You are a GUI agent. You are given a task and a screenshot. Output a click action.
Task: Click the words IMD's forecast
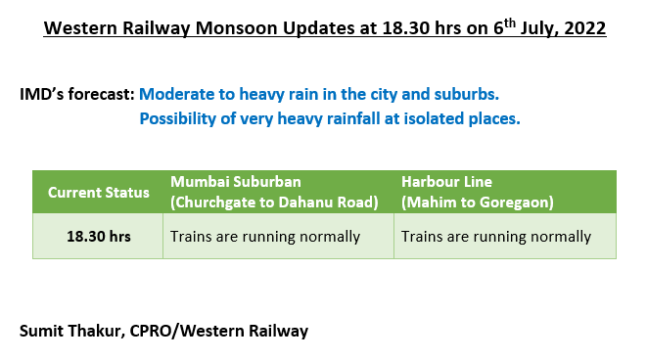(77, 96)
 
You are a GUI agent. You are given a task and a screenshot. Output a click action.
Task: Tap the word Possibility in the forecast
(180, 119)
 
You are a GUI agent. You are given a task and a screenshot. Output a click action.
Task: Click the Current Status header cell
(98, 192)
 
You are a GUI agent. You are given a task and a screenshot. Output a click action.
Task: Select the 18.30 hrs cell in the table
(98, 237)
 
